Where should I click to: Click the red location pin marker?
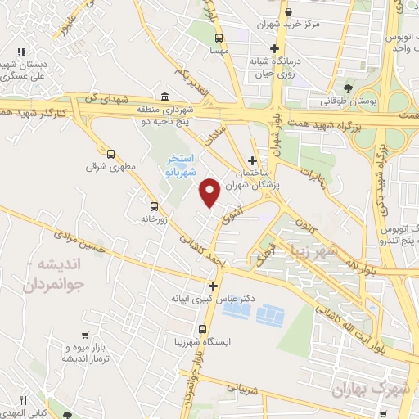[x=211, y=192]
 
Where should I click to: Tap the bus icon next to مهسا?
[x=219, y=38]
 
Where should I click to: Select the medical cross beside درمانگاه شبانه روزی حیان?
[x=275, y=48]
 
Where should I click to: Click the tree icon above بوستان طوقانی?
[x=349, y=88]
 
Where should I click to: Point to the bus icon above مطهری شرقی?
[x=111, y=153]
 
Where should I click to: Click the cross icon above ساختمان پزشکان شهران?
[x=253, y=160]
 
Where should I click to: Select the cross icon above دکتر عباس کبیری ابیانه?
[x=214, y=286]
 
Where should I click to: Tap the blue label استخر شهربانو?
[x=179, y=164]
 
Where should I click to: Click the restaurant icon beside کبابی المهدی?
[x=25, y=401]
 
